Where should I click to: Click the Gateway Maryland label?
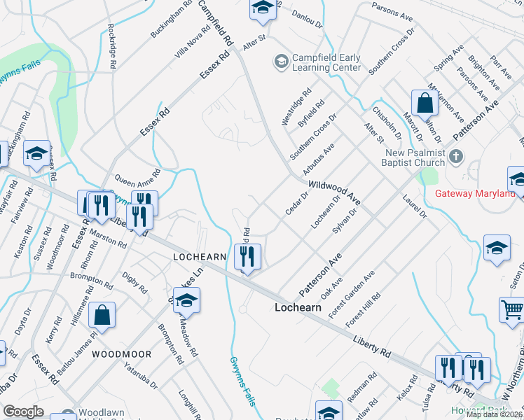[480, 194]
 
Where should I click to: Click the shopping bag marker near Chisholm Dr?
[425, 104]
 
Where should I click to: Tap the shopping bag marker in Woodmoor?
[102, 316]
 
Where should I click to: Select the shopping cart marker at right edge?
[511, 309]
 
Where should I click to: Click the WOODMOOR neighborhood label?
[120, 354]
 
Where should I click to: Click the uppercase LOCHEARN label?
[200, 258]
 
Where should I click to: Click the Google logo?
[24, 412]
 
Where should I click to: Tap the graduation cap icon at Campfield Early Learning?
[281, 62]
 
